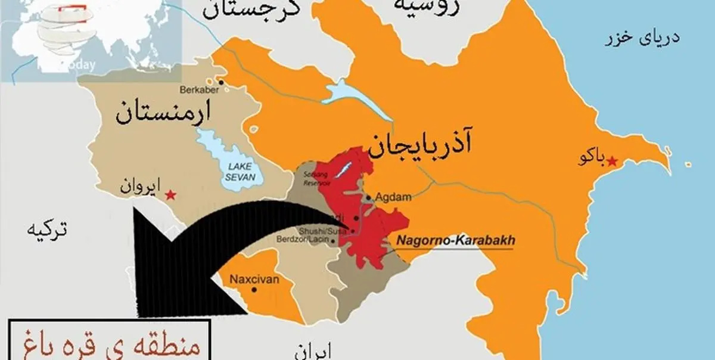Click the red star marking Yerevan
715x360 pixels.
click(x=171, y=194)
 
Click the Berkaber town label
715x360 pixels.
click(x=199, y=90)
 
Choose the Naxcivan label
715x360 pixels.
click(x=251, y=278)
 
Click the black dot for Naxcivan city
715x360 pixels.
click(x=255, y=290)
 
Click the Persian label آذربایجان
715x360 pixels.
click(x=419, y=147)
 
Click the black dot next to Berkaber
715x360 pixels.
click(x=221, y=82)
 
